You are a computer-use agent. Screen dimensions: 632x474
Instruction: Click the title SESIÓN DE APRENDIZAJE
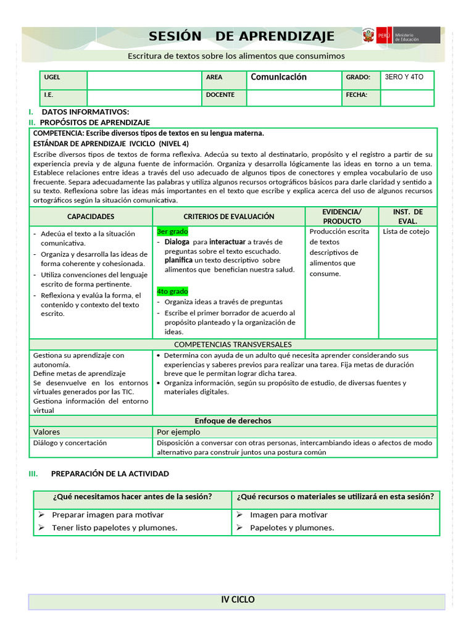[x=241, y=36]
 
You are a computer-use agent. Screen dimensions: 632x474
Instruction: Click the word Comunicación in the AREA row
[x=278, y=77]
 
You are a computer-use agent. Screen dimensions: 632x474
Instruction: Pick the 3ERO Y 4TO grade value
[x=404, y=78]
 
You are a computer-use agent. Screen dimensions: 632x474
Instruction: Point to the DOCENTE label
[x=220, y=95]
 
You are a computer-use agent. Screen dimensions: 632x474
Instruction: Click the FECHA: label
[x=357, y=95]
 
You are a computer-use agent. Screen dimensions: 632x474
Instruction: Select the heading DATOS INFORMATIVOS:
[x=85, y=112]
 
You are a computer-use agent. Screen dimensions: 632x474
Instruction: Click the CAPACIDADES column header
[x=91, y=217]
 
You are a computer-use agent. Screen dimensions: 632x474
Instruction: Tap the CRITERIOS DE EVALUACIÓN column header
[x=228, y=217]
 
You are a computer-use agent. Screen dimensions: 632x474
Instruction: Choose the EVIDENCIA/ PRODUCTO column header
[x=342, y=216]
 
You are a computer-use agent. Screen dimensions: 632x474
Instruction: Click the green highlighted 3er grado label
[x=172, y=231]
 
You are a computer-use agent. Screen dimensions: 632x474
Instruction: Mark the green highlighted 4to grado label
[x=172, y=291]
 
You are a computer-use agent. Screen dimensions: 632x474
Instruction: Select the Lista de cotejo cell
[x=405, y=231]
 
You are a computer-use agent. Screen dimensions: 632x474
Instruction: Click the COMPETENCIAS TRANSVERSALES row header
[x=233, y=344]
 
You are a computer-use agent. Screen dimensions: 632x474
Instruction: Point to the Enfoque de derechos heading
[x=233, y=421]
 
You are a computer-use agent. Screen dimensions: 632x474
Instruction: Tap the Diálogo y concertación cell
[x=70, y=443]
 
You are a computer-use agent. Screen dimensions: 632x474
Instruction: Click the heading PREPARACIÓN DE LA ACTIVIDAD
[x=110, y=474]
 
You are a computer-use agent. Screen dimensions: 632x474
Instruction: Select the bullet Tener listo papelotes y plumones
[x=114, y=528]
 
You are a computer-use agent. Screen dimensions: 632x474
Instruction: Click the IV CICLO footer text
[x=238, y=600]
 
